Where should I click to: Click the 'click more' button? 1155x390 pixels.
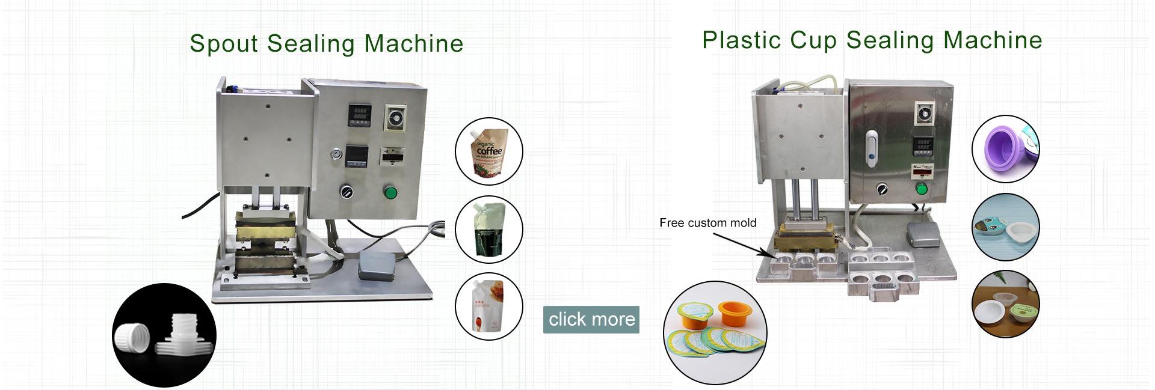click(591, 319)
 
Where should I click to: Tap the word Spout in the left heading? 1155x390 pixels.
click(224, 44)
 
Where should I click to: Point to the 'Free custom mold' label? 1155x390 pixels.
click(707, 223)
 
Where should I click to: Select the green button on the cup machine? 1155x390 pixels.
click(921, 189)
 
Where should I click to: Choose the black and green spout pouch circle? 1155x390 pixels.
click(488, 230)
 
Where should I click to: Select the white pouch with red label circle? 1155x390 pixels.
click(488, 307)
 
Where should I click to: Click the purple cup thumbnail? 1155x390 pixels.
click(1001, 149)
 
